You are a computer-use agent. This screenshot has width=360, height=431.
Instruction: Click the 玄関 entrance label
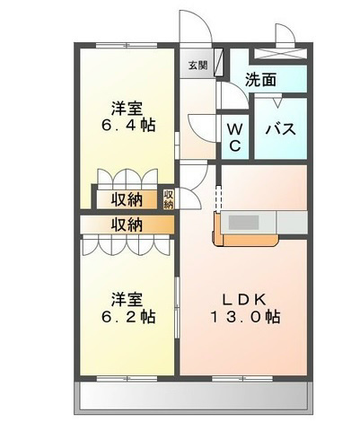click(x=198, y=66)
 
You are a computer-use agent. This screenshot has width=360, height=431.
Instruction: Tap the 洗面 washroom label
click(x=260, y=80)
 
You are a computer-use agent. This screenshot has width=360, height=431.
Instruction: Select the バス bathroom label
click(x=281, y=129)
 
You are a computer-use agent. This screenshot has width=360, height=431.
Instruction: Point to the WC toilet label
click(x=235, y=138)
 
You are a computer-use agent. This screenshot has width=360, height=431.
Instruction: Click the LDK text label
click(x=243, y=300)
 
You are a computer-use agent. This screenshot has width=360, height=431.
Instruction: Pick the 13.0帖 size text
click(x=246, y=317)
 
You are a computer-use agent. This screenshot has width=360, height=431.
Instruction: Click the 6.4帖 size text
click(x=128, y=125)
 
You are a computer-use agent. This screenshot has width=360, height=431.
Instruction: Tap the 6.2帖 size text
click(x=128, y=317)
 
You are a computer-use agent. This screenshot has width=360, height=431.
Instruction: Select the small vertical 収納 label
click(x=169, y=199)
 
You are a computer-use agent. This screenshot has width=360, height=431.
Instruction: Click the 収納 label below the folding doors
click(x=127, y=199)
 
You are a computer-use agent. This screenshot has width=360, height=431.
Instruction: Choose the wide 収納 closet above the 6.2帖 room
click(x=127, y=224)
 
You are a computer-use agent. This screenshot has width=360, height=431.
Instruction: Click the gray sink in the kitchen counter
click(x=243, y=222)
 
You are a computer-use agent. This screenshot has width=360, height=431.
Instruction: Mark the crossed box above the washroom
click(x=280, y=54)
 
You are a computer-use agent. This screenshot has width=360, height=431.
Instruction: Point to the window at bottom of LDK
click(x=242, y=379)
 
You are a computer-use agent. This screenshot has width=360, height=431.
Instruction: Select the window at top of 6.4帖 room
click(x=127, y=46)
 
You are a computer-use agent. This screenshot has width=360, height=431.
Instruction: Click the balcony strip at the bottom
click(x=193, y=398)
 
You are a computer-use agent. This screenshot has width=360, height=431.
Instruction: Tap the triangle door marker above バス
click(x=277, y=102)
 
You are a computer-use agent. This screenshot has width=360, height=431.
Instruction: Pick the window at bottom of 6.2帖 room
click(x=127, y=379)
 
